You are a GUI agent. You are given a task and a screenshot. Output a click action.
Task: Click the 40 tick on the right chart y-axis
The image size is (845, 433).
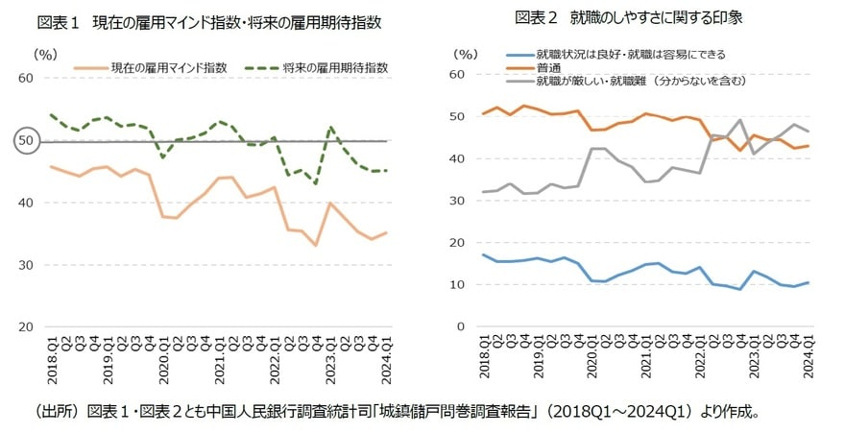pos(457,158)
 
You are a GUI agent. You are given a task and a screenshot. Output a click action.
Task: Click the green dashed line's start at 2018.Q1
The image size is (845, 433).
pos(51,114)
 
